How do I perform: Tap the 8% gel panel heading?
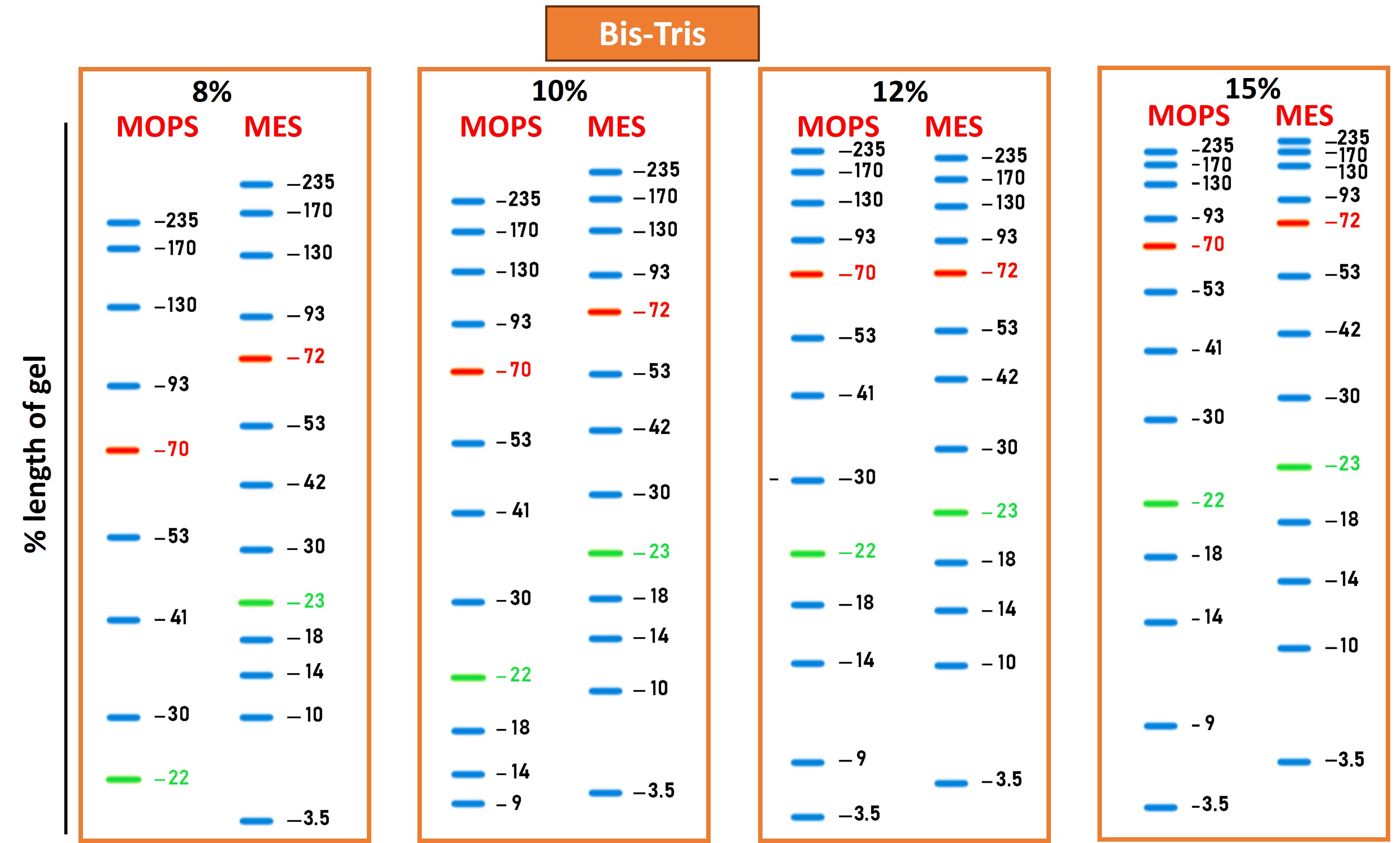coord(212,91)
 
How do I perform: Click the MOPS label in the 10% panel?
coord(500,127)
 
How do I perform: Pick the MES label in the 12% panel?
coord(954,127)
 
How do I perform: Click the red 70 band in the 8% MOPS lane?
coord(122,451)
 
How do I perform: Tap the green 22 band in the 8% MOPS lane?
coord(123,780)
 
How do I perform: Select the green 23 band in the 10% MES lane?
coord(605,553)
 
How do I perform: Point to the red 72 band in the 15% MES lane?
coord(1293,223)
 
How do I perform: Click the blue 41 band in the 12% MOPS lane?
coord(807,396)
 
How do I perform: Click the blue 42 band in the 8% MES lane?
coord(256,485)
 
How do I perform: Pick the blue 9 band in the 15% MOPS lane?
coord(1160,726)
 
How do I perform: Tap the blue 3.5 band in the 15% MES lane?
coord(1294,762)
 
